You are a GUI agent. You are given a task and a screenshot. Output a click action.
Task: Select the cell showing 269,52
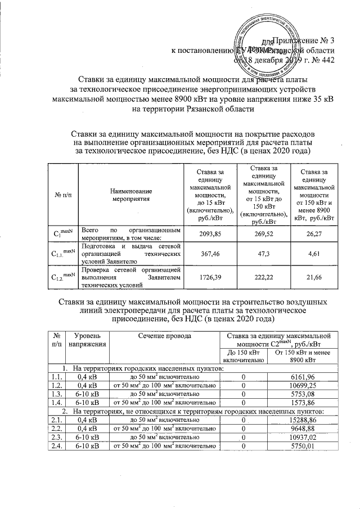[x=262, y=233]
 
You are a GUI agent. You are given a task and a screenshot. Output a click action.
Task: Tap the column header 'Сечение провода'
[x=163, y=336]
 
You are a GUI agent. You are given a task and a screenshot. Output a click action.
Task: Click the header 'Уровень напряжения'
[x=87, y=340]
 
